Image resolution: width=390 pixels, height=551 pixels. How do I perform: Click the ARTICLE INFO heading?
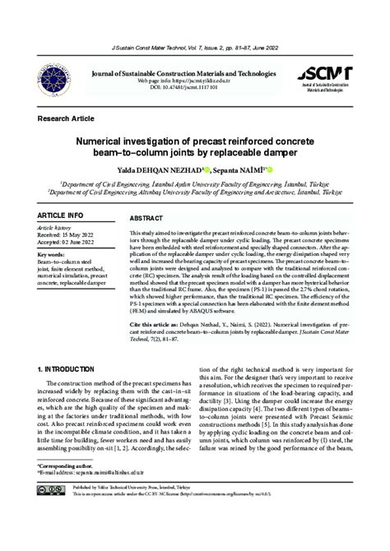(60, 215)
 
